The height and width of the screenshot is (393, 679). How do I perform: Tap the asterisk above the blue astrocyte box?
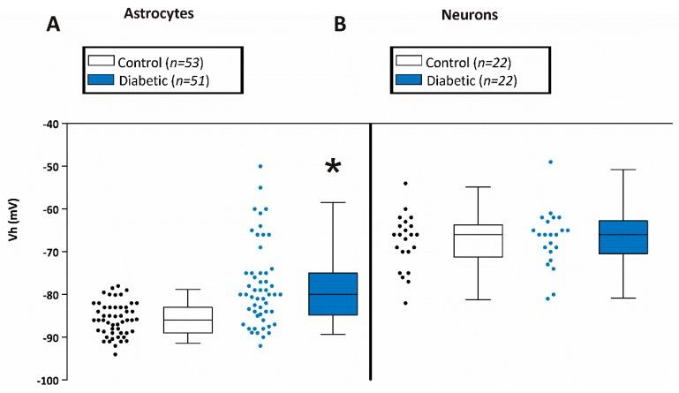pyautogui.click(x=333, y=168)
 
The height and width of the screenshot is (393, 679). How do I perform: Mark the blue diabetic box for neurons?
pyautogui.click(x=622, y=237)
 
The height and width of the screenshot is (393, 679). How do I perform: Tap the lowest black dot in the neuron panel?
pyautogui.click(x=405, y=303)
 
